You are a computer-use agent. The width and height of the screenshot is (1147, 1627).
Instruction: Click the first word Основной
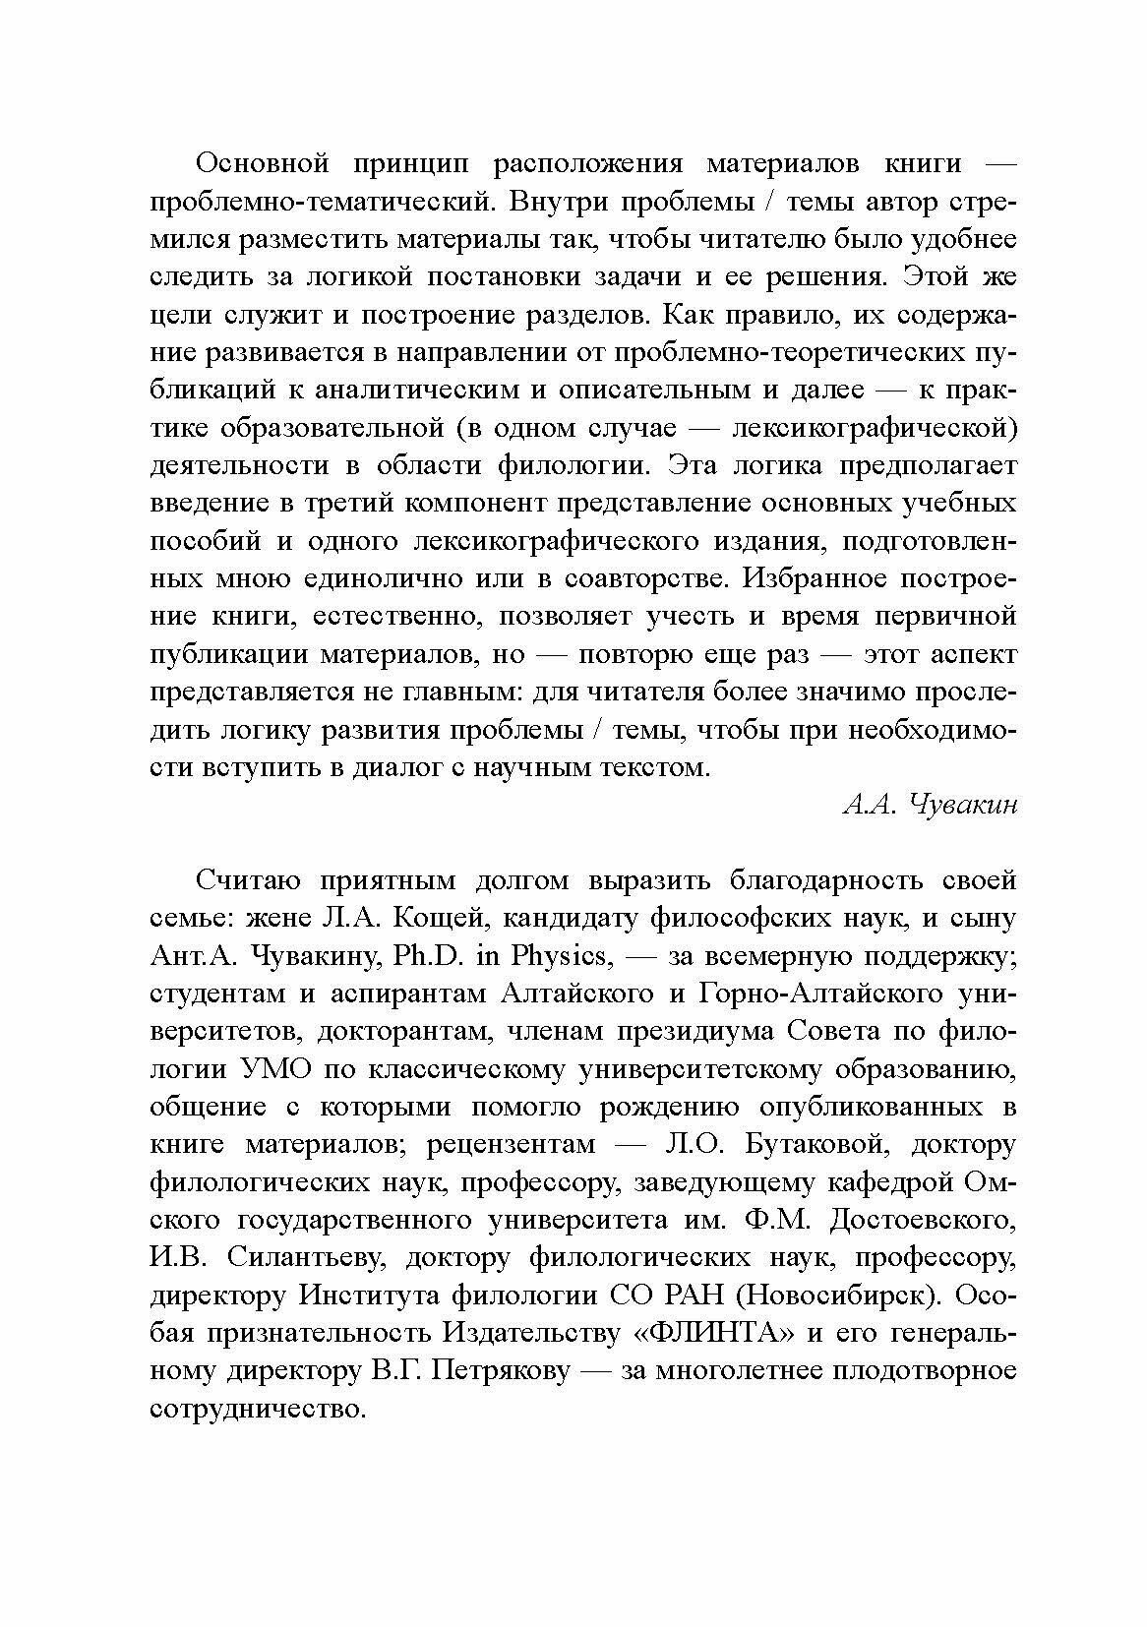261,163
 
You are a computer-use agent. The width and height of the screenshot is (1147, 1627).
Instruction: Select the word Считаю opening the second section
254,880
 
